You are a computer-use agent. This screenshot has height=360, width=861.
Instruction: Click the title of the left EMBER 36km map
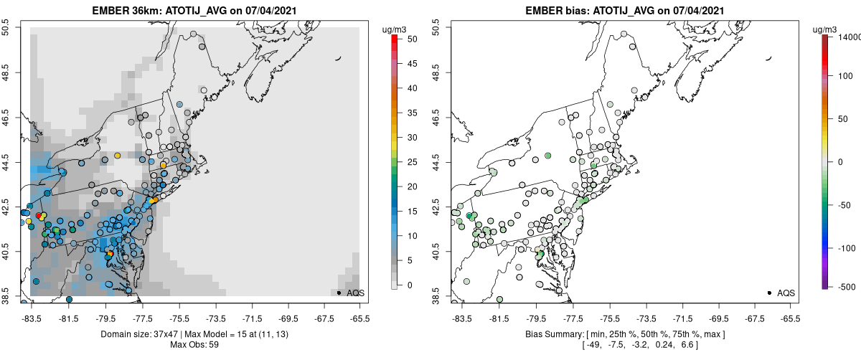point(196,10)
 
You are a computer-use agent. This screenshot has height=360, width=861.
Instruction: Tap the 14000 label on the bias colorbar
point(850,36)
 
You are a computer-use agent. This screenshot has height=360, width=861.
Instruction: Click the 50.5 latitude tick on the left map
point(9,28)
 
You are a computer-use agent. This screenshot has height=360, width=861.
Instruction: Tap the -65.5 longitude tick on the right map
point(790,316)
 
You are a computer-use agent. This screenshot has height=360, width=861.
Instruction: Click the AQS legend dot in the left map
point(339,293)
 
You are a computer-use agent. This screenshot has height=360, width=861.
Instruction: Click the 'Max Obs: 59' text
point(195,345)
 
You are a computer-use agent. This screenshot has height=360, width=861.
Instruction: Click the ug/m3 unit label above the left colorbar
point(395,29)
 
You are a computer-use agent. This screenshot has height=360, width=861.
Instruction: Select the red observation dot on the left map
point(39,216)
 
